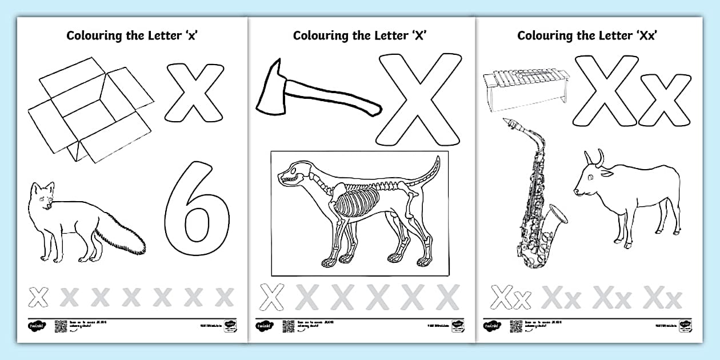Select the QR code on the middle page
288,326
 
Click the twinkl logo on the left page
35,326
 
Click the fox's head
43,194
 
